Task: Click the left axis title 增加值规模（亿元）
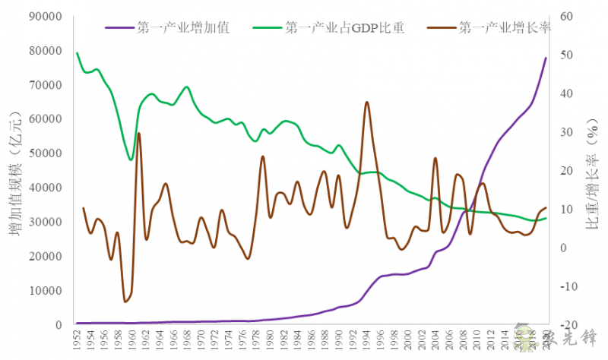tap(16, 171)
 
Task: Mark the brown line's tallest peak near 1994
tap(367, 102)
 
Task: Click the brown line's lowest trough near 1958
tap(125, 302)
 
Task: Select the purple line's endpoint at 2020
tap(546, 58)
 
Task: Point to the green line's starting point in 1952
tap(77, 53)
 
